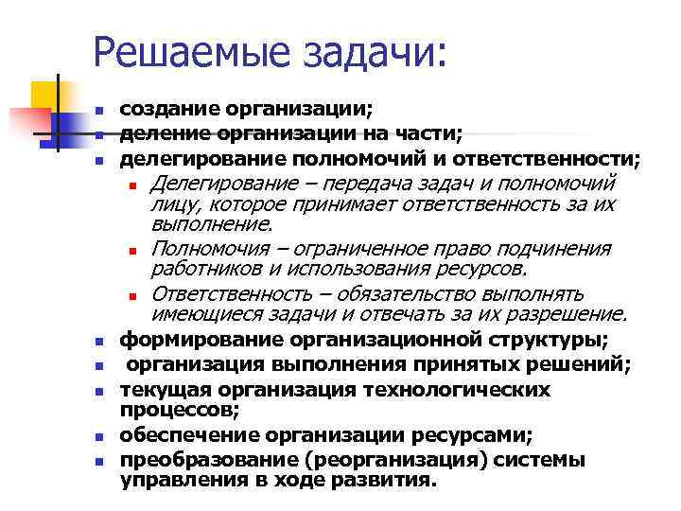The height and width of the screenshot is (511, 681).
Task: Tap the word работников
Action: pos(199,270)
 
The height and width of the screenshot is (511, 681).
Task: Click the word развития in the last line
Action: pos(389,480)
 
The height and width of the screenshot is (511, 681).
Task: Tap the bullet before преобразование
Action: pos(98,462)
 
